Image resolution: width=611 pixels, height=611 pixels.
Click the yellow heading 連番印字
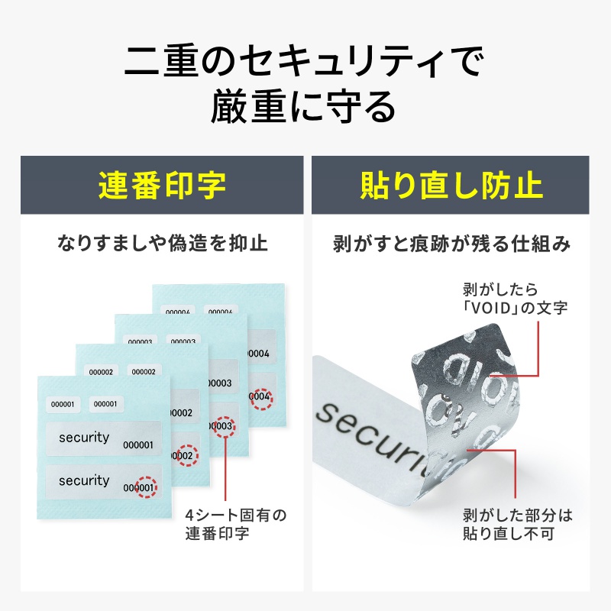coord(162,186)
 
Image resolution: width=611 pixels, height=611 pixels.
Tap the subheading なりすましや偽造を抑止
coord(162,244)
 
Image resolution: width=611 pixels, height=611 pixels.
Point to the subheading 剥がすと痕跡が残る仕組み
coord(451,244)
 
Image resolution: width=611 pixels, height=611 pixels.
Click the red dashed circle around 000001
coord(144,487)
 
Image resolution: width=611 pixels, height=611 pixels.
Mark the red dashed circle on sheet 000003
coord(223,425)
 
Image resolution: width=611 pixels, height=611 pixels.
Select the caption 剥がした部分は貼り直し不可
coord(517,524)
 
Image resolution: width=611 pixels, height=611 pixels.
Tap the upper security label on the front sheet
coord(103,439)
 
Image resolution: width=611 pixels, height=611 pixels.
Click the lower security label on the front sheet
coord(103,482)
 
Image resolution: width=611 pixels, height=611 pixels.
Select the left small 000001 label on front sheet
coord(63,404)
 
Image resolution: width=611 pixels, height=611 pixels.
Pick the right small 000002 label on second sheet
coord(145,372)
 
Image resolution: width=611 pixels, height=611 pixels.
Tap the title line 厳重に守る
coord(305,107)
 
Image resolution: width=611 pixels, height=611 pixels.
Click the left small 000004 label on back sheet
coord(178,312)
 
